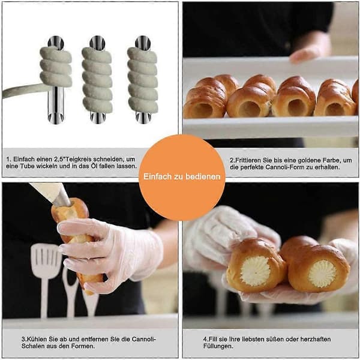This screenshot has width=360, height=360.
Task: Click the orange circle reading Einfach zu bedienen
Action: pos(182,178)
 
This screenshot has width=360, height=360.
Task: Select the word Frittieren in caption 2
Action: pos(249,160)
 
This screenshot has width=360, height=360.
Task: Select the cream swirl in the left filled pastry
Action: pos(255,271)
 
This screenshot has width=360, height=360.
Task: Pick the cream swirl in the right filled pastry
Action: pos(322,274)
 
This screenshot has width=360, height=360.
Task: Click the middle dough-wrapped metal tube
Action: pos(97,79)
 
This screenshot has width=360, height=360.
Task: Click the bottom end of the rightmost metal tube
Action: pos(143,118)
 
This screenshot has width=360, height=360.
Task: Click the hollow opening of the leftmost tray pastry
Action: pos(203,109)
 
